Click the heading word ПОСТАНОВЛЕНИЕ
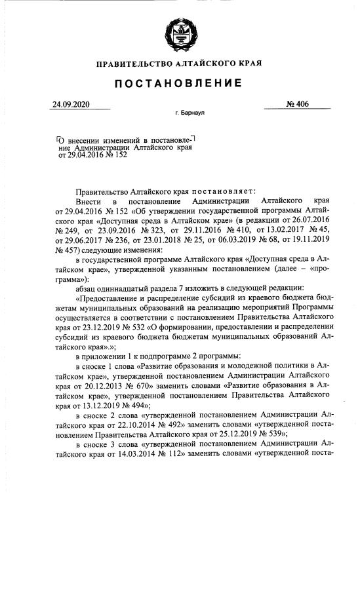[x=179, y=83]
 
